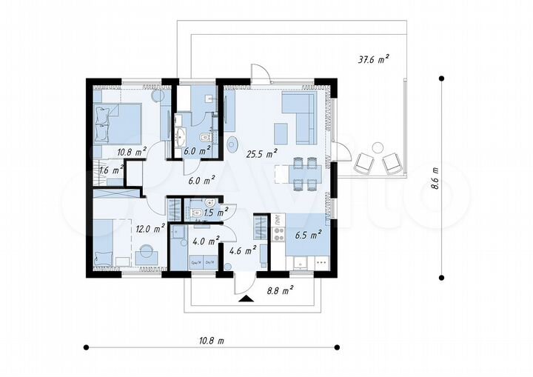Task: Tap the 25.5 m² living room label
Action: pyautogui.click(x=261, y=154)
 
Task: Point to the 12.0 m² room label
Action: pyautogui.click(x=148, y=229)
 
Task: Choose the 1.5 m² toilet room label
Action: pyautogui.click(x=214, y=213)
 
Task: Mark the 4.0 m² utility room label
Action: pyautogui.click(x=207, y=241)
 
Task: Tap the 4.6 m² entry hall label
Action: pyautogui.click(x=242, y=250)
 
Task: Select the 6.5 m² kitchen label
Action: pyautogui.click(x=307, y=236)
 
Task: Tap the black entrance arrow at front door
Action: pyautogui.click(x=245, y=298)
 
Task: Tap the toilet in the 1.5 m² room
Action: pyautogui.click(x=197, y=213)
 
